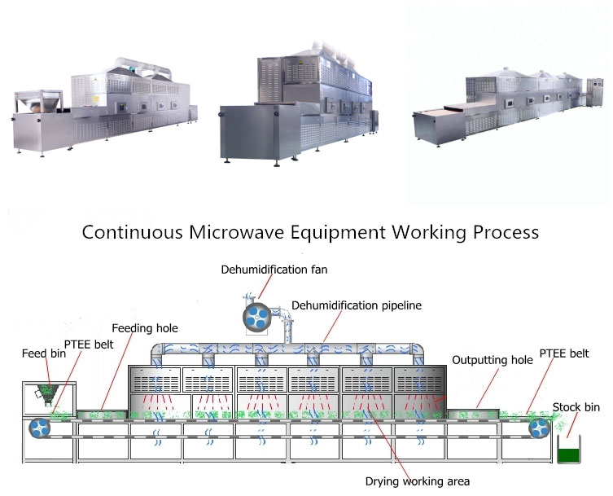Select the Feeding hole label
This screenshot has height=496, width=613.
point(145,328)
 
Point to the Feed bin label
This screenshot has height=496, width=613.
point(40,354)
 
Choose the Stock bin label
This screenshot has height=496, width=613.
point(576,407)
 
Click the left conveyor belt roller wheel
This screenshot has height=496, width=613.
point(38,428)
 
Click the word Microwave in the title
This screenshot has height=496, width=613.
point(235,231)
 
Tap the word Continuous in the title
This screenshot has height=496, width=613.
point(132,231)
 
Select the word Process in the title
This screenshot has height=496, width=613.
point(503,231)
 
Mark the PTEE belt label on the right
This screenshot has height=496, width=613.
point(563,353)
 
